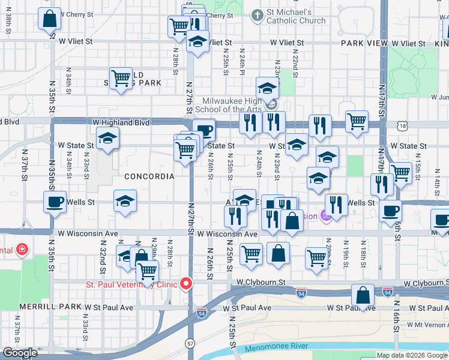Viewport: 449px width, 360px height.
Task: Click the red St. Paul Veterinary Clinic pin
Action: tap(187, 283)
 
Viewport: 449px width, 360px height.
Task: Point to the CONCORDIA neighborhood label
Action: tap(149, 176)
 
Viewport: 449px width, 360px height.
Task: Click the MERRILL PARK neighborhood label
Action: tap(41, 307)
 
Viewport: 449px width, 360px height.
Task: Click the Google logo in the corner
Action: tap(20, 353)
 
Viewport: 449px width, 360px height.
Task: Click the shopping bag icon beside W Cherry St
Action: tap(49, 18)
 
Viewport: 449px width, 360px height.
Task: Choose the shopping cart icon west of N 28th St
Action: tap(121, 77)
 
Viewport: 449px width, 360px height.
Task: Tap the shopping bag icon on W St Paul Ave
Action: tap(363, 295)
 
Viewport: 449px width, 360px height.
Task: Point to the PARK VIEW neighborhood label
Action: tap(366, 43)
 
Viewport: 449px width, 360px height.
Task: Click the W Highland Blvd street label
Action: tap(121, 122)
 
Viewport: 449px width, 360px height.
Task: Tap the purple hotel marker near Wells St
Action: tap(325, 215)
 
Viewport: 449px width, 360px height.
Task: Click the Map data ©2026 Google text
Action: tap(412, 355)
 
